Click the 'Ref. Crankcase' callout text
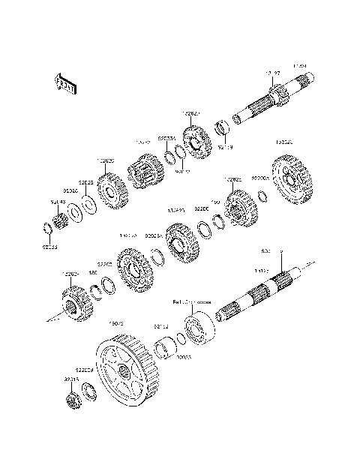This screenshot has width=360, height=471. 192,303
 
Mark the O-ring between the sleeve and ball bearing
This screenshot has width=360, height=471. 179,340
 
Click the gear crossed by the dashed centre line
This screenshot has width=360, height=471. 73,306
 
